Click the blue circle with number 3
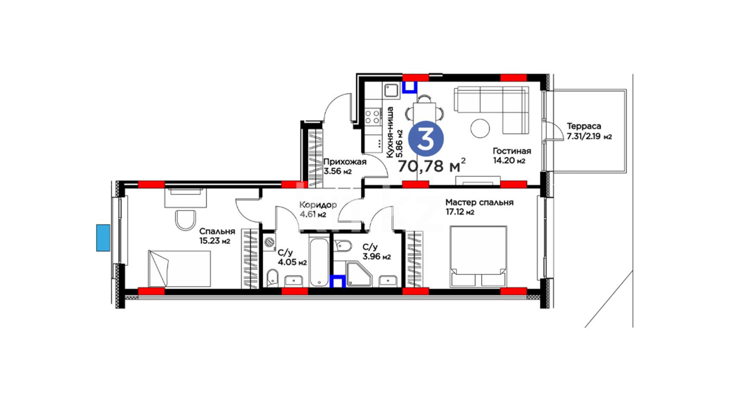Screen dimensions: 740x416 coord(426,139)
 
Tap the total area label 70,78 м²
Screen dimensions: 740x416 coord(431,166)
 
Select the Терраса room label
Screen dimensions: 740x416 coord(584,126)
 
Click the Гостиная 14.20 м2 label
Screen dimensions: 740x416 coord(512,156)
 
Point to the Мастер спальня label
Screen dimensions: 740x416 coord(479,202)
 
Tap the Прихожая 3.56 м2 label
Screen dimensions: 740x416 coord(345,166)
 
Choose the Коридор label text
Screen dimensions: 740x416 coord(318,205)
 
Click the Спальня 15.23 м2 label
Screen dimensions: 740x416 coord(217,236)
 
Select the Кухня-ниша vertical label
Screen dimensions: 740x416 coord(390,132)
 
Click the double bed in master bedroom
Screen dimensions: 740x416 coord(478,257)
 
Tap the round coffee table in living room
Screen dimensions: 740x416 coord(480,128)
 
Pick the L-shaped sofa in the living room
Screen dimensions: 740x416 coord(492,110)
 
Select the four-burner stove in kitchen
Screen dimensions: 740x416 coord(373,117)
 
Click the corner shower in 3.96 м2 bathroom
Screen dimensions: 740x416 coord(359,274)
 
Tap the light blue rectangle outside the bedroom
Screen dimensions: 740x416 coord(103,238)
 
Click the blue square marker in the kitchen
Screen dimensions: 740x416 coord(410,87)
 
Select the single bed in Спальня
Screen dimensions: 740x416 coord(180,269)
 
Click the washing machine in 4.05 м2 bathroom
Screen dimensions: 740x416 coord(269,242)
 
